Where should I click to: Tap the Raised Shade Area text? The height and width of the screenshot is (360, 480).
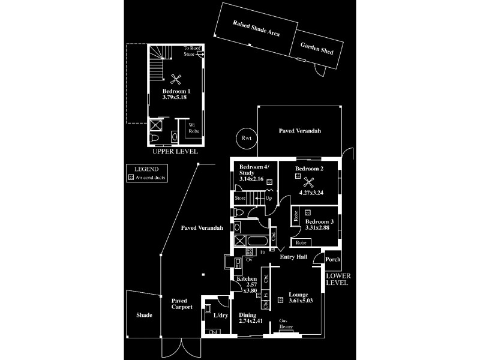point(257,29)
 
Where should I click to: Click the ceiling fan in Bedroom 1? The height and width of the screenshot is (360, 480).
point(176,78)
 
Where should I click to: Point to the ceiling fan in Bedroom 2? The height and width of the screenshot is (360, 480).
point(310,183)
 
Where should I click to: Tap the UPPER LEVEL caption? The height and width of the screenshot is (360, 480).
point(175,152)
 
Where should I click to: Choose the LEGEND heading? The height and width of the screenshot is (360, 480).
point(146,170)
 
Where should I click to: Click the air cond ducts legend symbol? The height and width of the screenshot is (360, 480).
point(131,178)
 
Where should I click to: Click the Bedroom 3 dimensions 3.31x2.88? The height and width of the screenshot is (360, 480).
point(319,229)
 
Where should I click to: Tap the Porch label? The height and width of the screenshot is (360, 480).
point(332,260)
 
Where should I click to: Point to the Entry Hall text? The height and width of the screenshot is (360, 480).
point(294,257)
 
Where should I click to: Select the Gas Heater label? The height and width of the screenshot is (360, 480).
point(286,323)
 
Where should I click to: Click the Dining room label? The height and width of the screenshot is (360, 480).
point(247,315)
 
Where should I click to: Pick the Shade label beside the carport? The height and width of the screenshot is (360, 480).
point(144,315)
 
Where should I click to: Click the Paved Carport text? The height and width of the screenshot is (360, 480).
point(182,304)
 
